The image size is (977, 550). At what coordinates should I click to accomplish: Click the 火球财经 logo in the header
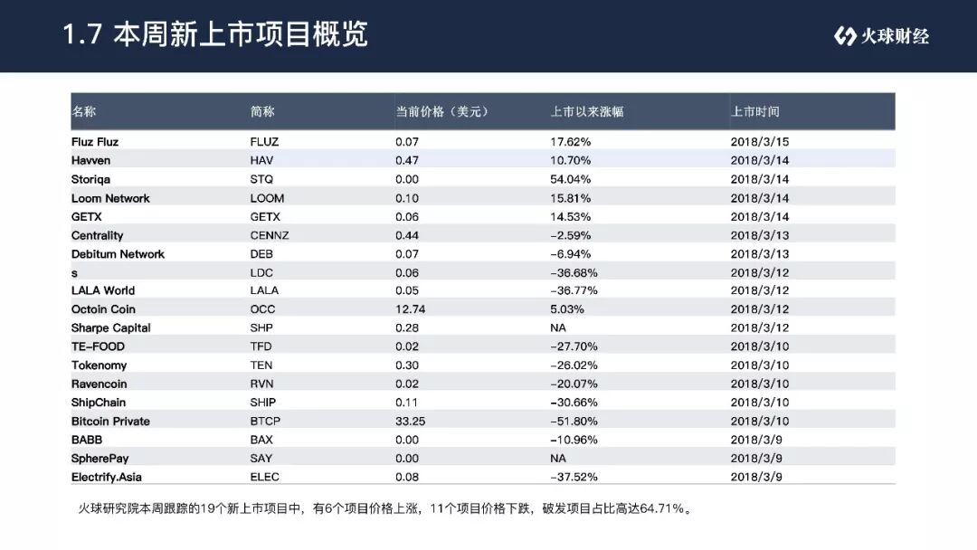tap(881, 36)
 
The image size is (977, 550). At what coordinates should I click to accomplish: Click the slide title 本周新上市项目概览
tap(241, 34)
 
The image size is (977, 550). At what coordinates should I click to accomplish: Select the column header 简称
tap(262, 111)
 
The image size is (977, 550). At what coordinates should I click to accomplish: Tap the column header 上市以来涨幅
tap(587, 111)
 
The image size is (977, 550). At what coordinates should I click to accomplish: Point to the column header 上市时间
tap(755, 111)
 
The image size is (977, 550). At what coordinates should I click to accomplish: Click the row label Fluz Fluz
tap(95, 142)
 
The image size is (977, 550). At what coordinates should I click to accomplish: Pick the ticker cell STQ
tap(261, 179)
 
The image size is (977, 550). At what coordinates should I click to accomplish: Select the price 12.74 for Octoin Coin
tap(410, 309)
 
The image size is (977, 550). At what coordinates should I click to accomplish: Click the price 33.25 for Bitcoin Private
tap(410, 421)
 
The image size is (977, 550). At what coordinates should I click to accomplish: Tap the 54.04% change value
tap(570, 179)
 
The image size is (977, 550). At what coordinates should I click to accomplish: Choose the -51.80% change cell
tap(574, 421)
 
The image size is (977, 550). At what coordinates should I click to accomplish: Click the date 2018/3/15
tap(760, 142)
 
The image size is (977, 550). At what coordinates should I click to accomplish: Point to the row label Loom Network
tap(110, 198)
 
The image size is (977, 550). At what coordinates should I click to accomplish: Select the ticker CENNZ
tap(270, 235)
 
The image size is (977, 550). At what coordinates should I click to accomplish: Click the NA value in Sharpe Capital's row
tap(557, 327)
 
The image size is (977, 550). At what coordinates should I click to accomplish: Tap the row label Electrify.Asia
tap(107, 477)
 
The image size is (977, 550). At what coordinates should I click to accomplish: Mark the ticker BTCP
tap(265, 421)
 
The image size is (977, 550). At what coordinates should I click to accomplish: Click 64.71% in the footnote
tap(661, 509)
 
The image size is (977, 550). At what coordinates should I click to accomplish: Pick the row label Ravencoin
tap(100, 384)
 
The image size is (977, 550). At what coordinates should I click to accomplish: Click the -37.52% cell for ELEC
tap(574, 477)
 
